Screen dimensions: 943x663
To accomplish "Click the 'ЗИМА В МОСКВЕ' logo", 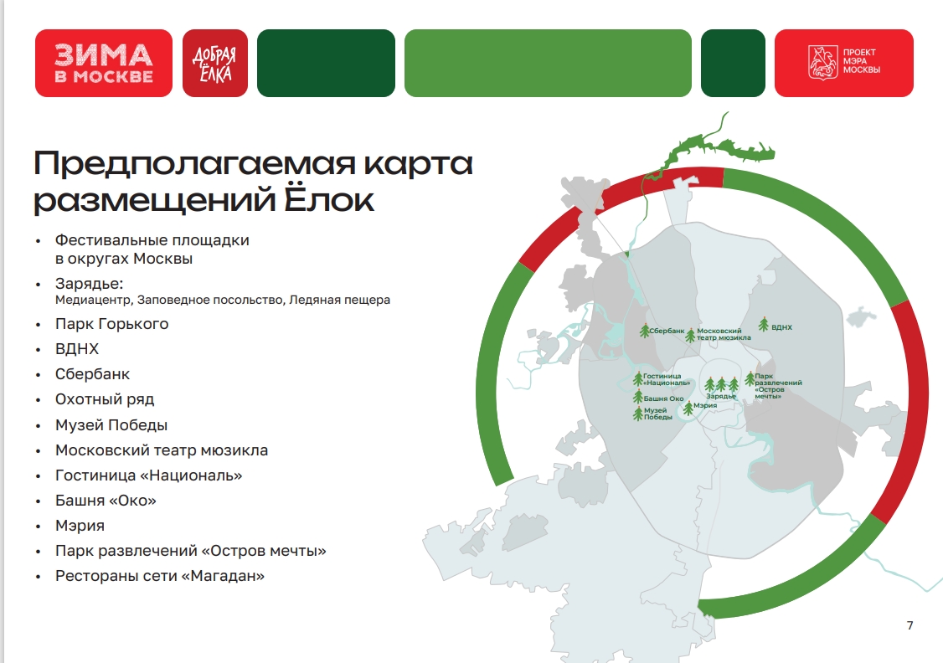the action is click(104, 63).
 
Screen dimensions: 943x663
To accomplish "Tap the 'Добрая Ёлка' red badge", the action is click(215, 63).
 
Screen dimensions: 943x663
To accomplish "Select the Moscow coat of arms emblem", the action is click(822, 62).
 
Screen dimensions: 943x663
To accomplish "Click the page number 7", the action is click(910, 625).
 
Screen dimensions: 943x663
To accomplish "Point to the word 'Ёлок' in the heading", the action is click(329, 199).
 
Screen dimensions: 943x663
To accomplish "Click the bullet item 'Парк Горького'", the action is click(112, 324).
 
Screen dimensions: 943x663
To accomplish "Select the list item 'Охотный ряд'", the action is click(105, 399).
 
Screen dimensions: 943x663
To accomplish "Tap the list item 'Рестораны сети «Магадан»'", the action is click(160, 576).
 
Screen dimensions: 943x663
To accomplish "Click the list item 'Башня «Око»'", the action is click(106, 500).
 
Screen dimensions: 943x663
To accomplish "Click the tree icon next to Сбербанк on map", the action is click(645, 330).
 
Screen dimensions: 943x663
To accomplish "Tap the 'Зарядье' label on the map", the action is click(721, 396).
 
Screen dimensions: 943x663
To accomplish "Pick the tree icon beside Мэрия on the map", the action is click(688, 409).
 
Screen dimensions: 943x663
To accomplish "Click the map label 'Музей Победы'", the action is click(658, 414).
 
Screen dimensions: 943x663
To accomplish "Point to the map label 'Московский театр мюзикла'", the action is click(724, 334).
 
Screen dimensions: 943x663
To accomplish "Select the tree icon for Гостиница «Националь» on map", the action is click(638, 378).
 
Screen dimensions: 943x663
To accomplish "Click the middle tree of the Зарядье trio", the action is click(721, 384).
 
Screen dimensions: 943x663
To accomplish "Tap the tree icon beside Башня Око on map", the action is click(638, 397).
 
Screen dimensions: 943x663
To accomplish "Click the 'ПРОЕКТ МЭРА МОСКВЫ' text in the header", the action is click(861, 61).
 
